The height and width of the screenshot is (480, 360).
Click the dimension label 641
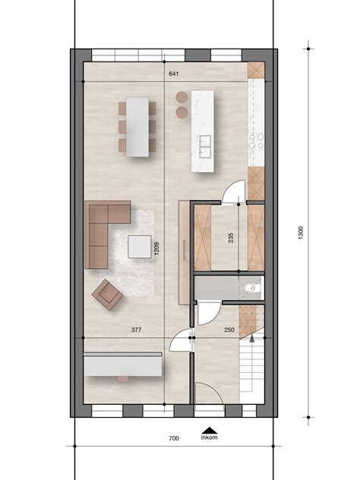click(174, 74)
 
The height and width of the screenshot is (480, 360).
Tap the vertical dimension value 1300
click(301, 233)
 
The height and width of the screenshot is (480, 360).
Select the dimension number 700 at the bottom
click(173, 438)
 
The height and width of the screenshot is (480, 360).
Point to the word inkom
click(209, 437)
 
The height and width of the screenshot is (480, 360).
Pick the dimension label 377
click(137, 330)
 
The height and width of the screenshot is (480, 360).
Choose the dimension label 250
click(229, 330)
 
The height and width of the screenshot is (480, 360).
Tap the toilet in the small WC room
click(253, 287)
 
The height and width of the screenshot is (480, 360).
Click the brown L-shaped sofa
click(102, 229)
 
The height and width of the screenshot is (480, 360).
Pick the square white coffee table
click(140, 247)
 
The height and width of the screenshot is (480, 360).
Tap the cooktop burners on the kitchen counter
click(256, 141)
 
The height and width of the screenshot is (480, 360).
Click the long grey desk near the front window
click(122, 365)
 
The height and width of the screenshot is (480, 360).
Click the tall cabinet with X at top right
click(256, 69)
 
